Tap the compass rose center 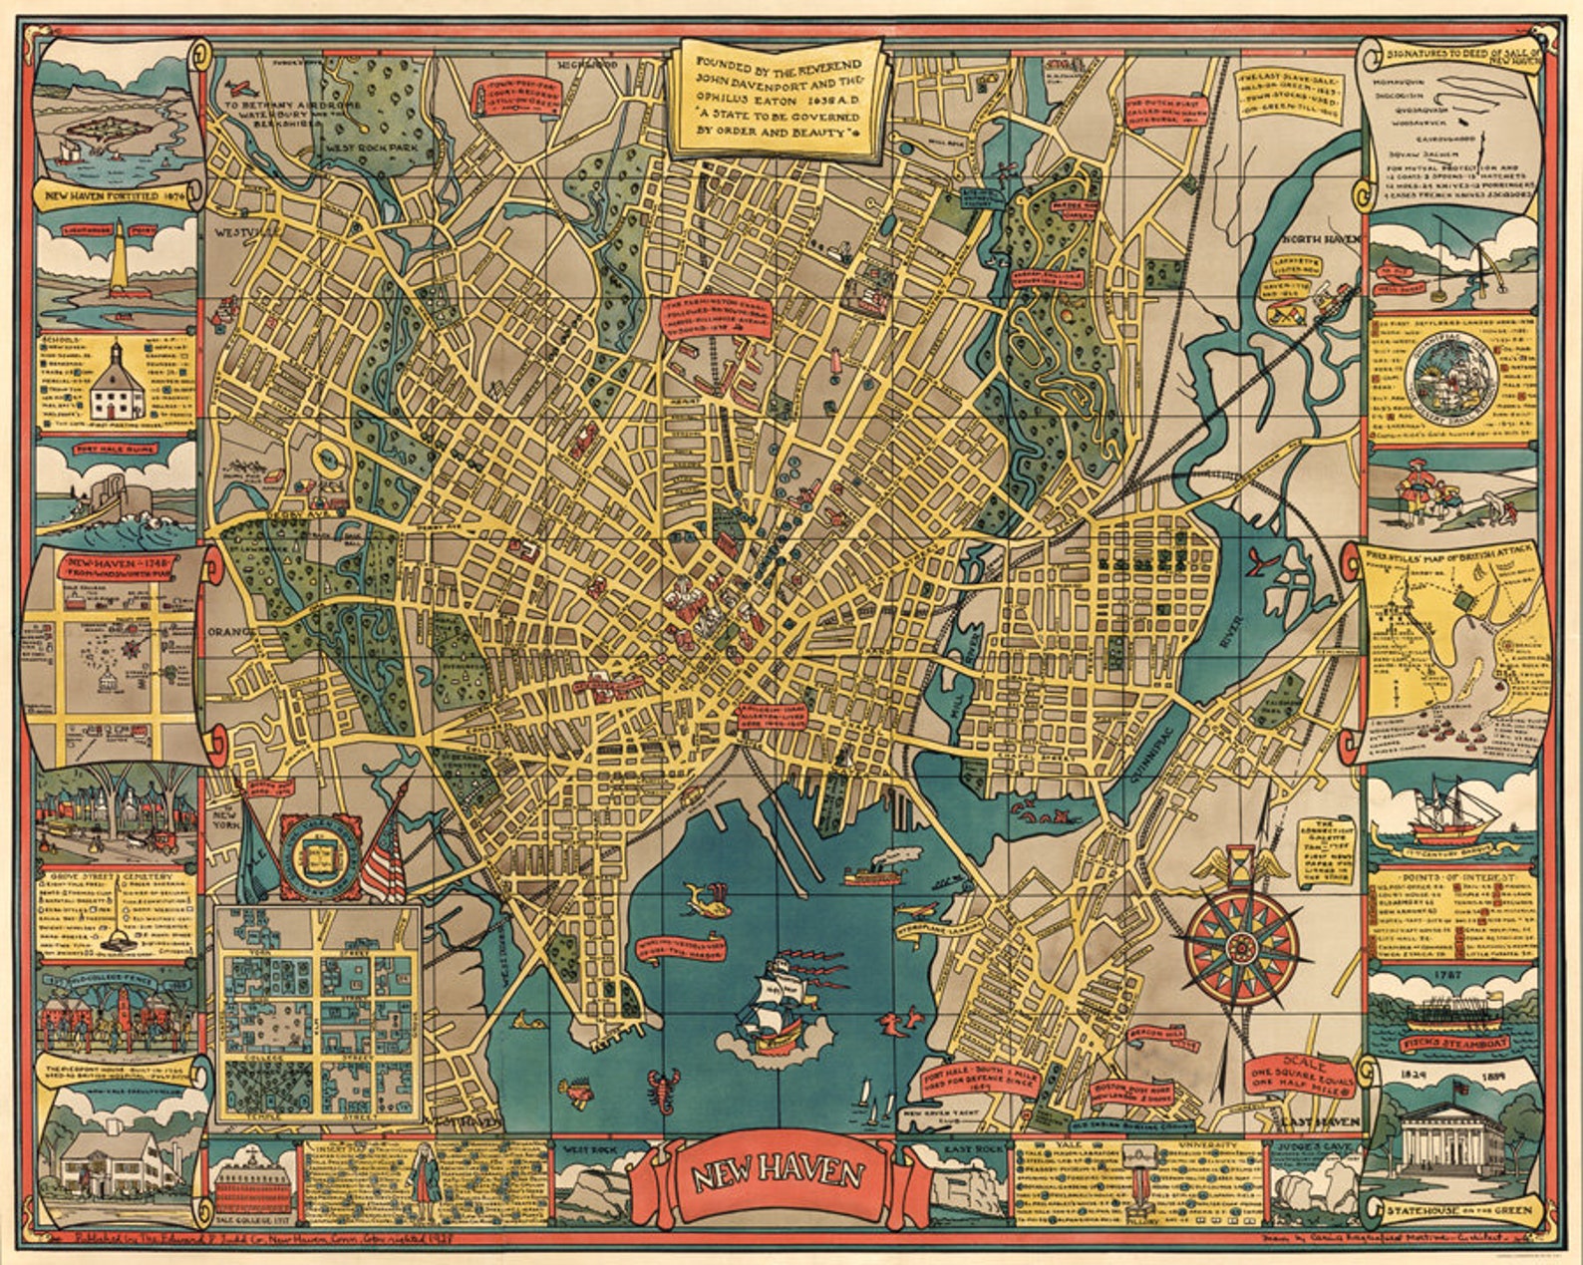[1241, 944]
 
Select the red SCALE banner [1305, 1075]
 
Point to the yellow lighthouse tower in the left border [119, 252]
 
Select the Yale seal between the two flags [321, 855]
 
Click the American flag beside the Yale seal [384, 860]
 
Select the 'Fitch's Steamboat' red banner [1455, 1044]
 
